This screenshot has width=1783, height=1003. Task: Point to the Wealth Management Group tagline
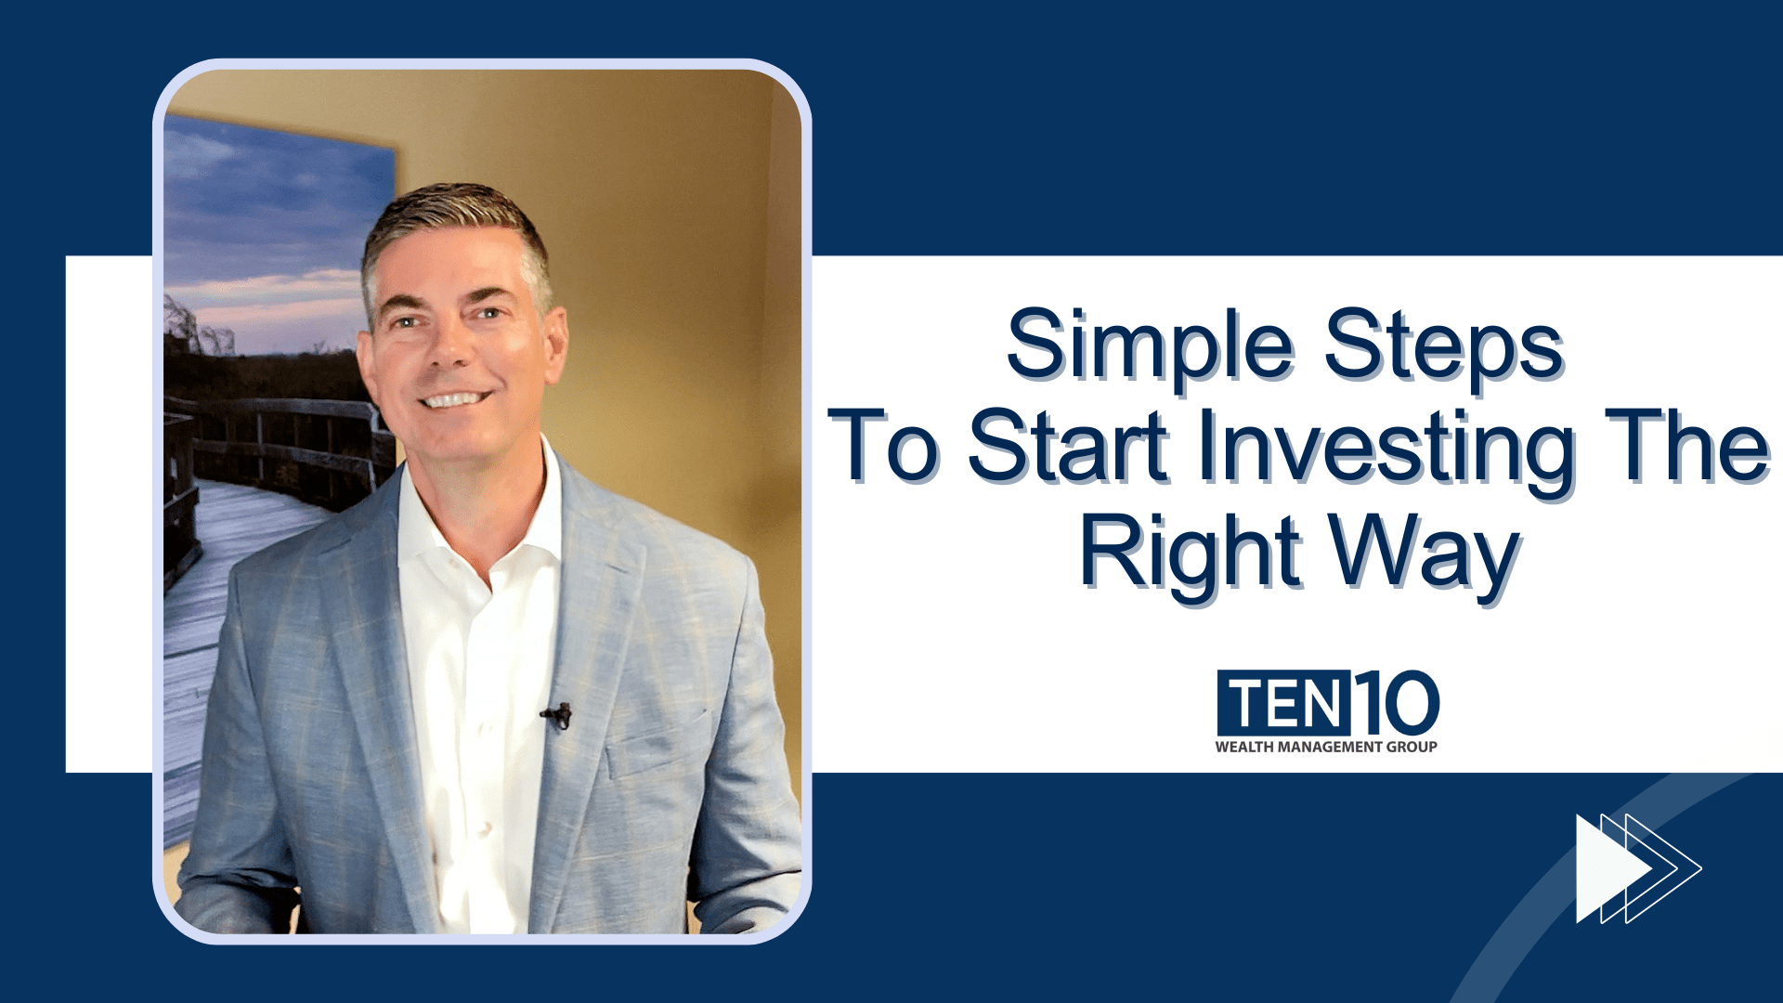pos(1326,747)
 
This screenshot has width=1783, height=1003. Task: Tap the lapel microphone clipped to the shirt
pos(557,715)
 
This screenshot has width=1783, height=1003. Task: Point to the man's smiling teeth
pos(456,400)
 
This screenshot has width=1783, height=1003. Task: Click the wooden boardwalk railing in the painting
pos(279,436)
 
